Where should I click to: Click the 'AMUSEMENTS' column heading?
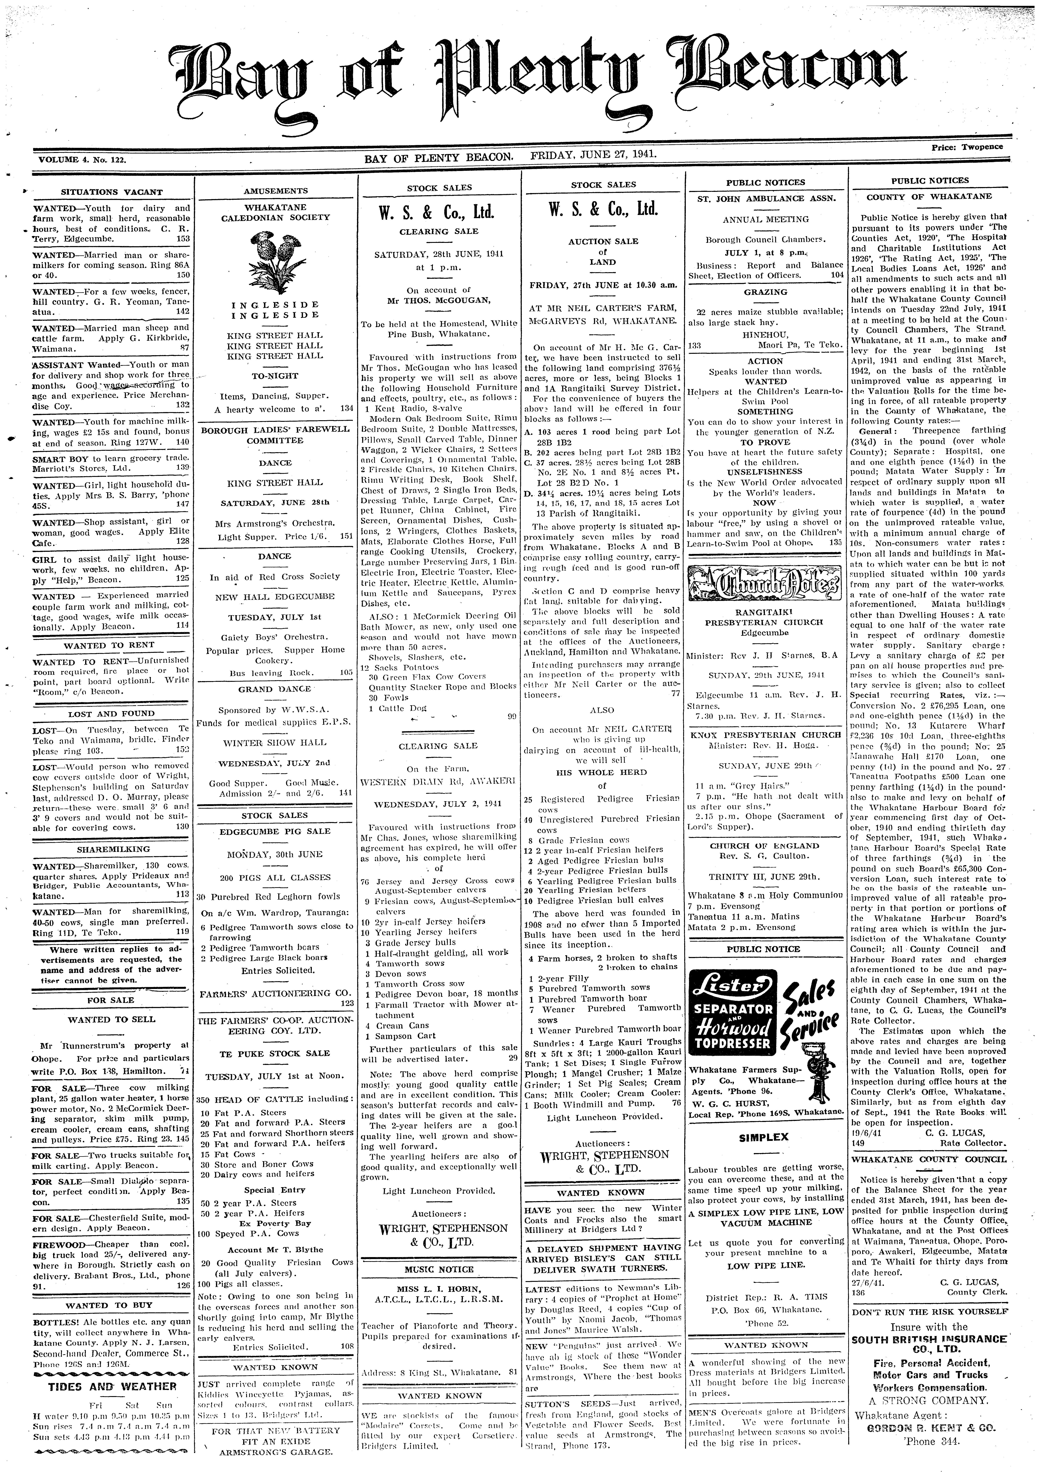click(x=275, y=190)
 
